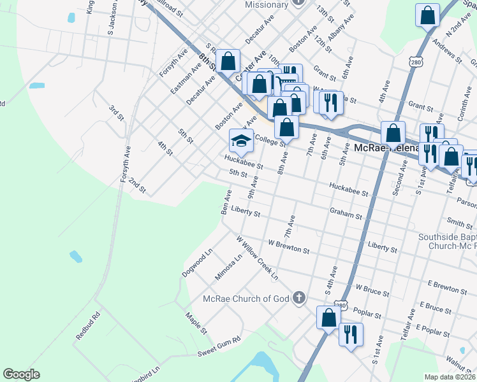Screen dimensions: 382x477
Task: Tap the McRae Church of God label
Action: [246, 299]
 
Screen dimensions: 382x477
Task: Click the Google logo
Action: [22, 374]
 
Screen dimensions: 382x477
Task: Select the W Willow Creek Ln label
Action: [258, 258]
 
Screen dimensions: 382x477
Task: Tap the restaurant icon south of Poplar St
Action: [350, 335]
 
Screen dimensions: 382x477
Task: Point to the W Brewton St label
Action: [288, 243]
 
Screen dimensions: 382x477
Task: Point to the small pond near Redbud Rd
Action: [76, 257]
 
